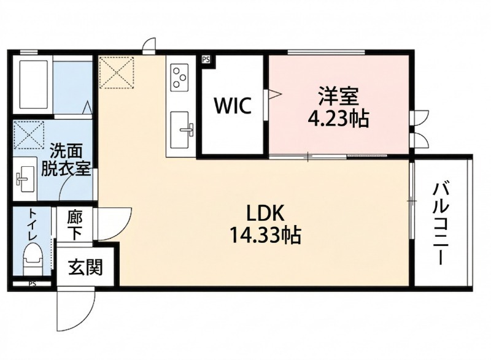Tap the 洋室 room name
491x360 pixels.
(338, 96)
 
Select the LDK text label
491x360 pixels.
(265, 213)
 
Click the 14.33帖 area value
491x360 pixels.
(265, 235)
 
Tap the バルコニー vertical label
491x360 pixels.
(441, 223)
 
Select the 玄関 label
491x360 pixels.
(85, 267)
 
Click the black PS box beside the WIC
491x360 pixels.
(206, 59)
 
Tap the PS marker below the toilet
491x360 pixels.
(32, 283)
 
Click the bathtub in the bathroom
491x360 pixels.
(32, 84)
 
